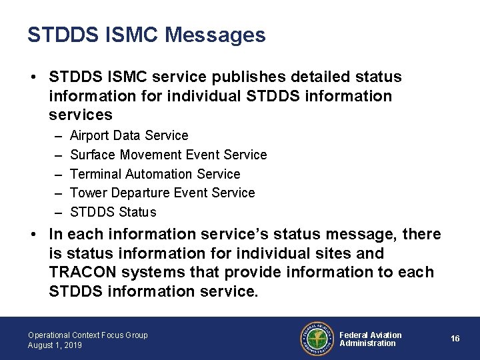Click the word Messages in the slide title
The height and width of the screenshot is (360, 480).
[215, 35]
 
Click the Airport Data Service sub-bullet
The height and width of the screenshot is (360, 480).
[129, 136]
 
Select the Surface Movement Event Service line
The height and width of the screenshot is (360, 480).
[168, 155]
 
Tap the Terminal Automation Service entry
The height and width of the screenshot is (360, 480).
[155, 174]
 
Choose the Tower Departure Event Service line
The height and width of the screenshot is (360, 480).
[162, 193]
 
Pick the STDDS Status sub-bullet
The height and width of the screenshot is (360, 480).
[113, 213]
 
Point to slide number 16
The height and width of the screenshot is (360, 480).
[455, 339]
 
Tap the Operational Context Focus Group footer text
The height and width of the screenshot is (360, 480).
[88, 335]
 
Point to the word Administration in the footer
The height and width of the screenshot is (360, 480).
[367, 343]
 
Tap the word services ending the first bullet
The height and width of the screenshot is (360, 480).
[81, 115]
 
